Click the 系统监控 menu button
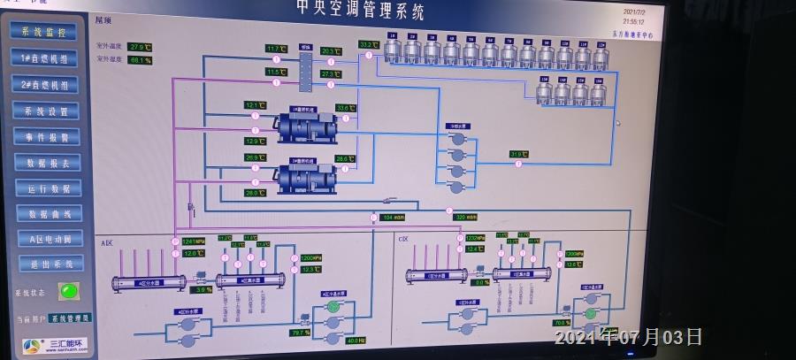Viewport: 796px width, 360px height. point(43,31)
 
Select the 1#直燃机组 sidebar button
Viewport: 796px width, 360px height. point(44,57)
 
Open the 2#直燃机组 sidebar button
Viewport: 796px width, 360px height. point(45,84)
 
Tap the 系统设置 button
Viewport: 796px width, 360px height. point(46,111)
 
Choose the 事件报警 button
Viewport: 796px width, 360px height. point(47,136)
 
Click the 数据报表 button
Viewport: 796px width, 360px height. point(48,162)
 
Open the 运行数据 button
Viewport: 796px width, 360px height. point(49,188)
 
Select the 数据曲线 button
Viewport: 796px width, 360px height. point(50,213)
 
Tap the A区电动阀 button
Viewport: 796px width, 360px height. point(50,238)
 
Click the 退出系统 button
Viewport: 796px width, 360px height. point(51,263)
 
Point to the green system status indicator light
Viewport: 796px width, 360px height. point(68,290)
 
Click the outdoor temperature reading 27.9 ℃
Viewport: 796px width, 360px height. point(140,47)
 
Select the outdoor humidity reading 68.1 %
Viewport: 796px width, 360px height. point(140,60)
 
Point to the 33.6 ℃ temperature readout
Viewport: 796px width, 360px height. point(345,108)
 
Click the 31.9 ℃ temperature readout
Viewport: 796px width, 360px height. point(518,154)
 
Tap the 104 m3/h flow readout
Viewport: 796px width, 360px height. point(393,217)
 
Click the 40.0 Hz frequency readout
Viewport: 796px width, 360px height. point(356,341)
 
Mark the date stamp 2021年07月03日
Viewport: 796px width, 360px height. point(628,337)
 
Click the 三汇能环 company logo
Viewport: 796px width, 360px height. point(57,344)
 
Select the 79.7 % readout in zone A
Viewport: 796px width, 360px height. point(300,333)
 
